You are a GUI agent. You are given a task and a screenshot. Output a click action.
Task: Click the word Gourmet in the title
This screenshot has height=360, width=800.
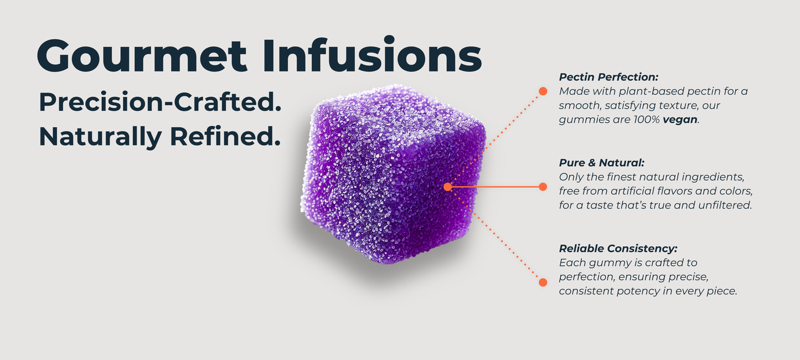[142, 56]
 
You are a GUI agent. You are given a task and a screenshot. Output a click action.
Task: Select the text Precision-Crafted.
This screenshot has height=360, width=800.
[160, 102]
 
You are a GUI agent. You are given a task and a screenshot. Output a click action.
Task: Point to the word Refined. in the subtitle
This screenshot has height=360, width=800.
[225, 136]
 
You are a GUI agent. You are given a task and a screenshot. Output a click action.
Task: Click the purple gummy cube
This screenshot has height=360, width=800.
[393, 174]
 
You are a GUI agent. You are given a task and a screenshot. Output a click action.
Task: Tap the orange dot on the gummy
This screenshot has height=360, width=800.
[447, 187]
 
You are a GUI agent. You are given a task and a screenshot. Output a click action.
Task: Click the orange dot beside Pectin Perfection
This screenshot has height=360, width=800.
[543, 91]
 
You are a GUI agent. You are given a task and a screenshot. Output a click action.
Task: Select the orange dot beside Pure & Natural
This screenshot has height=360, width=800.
[543, 187]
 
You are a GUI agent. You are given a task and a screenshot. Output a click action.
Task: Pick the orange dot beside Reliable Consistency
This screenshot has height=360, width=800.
[543, 282]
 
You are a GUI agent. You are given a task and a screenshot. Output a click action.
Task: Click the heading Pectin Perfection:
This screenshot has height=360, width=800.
[608, 77]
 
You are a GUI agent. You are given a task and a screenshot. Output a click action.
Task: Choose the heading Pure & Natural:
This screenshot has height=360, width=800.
[602, 162]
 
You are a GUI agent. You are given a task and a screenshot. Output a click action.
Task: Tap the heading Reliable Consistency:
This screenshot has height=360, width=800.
[618, 249]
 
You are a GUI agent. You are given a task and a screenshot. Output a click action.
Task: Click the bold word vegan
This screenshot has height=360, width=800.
[680, 120]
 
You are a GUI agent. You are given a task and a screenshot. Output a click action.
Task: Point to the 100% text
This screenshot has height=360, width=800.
[647, 119]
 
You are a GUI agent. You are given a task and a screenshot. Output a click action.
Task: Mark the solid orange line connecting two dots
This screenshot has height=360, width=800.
[495, 187]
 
